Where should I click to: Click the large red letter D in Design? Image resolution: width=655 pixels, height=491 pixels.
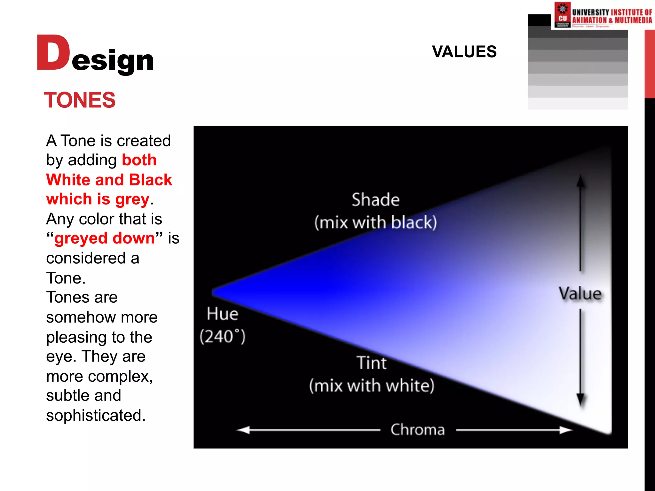click(53, 53)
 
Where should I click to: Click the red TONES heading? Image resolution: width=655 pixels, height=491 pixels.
click(80, 100)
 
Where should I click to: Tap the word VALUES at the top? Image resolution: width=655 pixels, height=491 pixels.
click(464, 52)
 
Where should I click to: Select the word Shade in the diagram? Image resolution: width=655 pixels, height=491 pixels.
click(375, 200)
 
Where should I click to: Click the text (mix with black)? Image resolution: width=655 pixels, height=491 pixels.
click(375, 222)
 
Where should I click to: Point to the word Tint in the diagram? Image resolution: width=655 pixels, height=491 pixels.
click(372, 363)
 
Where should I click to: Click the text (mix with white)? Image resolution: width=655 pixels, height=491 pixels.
click(372, 386)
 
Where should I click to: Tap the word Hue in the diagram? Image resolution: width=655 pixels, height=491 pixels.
click(222, 314)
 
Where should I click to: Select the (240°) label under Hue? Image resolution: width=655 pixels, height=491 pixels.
click(222, 337)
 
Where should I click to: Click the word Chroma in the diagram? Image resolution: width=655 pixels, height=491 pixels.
click(417, 430)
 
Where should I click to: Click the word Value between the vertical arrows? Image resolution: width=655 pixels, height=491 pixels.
click(580, 293)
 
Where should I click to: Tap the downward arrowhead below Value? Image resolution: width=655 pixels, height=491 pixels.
click(580, 400)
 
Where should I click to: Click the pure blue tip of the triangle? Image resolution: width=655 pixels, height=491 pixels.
click(216, 292)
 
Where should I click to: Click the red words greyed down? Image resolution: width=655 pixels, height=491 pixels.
click(104, 238)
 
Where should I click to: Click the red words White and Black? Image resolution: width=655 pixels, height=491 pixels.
click(109, 180)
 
